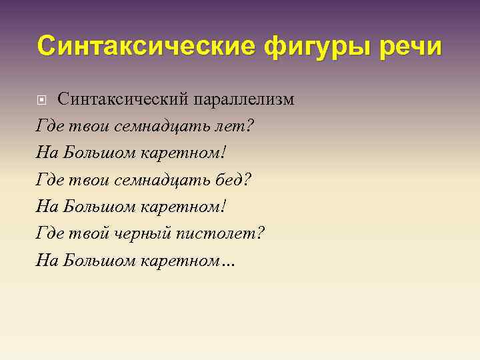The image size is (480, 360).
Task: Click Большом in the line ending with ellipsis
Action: click(99, 261)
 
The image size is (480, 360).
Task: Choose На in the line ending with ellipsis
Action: click(48, 260)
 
